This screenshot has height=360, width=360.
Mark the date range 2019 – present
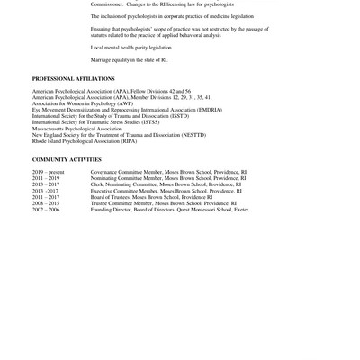[50, 172]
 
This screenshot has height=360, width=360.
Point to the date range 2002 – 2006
[46, 210]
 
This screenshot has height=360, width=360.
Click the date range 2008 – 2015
[46, 203]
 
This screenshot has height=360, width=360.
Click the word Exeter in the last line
[240, 210]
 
